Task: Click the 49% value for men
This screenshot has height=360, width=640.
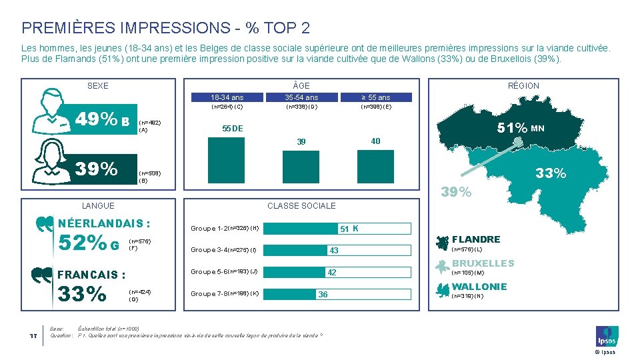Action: pyautogui.click(x=97, y=120)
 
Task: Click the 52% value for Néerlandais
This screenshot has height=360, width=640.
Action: pyautogui.click(x=83, y=245)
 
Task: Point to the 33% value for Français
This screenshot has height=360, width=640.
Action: pyautogui.click(x=83, y=294)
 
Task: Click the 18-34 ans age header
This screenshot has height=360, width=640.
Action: pyautogui.click(x=227, y=97)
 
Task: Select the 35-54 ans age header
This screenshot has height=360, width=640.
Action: pyautogui.click(x=301, y=97)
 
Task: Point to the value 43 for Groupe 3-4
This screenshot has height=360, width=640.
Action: pyautogui.click(x=334, y=251)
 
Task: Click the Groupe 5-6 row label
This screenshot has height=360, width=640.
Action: pyautogui.click(x=224, y=272)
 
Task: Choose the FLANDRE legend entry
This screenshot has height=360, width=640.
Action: pyautogui.click(x=476, y=239)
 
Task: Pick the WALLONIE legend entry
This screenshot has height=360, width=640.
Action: pyautogui.click(x=479, y=287)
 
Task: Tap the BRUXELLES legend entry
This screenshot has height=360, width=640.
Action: pyautogui.click(x=483, y=263)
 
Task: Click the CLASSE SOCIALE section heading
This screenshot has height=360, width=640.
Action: pyautogui.click(x=301, y=206)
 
